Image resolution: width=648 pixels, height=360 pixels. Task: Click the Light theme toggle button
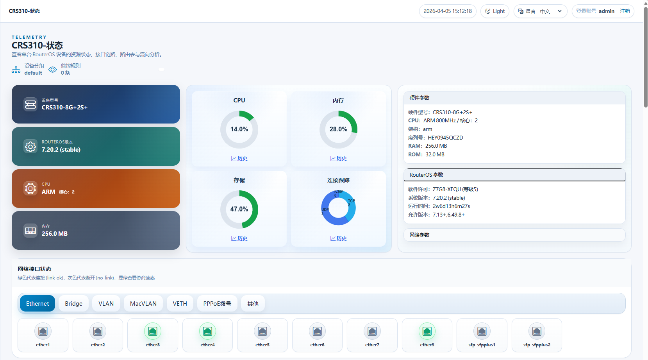[495, 11]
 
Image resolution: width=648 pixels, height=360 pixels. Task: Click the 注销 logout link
[625, 11]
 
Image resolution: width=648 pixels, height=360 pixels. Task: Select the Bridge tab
[73, 304]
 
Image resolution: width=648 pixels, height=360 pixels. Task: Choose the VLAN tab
[106, 304]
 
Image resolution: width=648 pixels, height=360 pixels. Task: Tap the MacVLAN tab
[143, 304]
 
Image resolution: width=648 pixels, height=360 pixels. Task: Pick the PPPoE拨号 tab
[217, 304]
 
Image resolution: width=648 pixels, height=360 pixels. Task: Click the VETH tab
[180, 304]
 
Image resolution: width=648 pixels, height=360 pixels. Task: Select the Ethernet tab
[37, 304]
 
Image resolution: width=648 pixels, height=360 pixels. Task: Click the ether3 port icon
[153, 331]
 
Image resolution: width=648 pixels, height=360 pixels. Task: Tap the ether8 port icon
[427, 331]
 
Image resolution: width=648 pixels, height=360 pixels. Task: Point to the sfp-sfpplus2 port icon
[537, 331]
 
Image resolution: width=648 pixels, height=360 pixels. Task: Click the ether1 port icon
[43, 331]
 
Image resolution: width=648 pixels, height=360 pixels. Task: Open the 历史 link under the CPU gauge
[239, 158]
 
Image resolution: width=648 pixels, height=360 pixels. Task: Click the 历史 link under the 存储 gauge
[239, 238]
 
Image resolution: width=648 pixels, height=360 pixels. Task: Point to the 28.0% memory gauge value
[338, 129]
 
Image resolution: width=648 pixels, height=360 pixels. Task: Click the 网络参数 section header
[514, 235]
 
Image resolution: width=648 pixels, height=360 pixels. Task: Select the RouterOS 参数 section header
[514, 175]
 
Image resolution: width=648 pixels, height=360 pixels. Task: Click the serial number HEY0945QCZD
[445, 138]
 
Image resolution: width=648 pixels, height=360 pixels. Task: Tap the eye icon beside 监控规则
[52, 70]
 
